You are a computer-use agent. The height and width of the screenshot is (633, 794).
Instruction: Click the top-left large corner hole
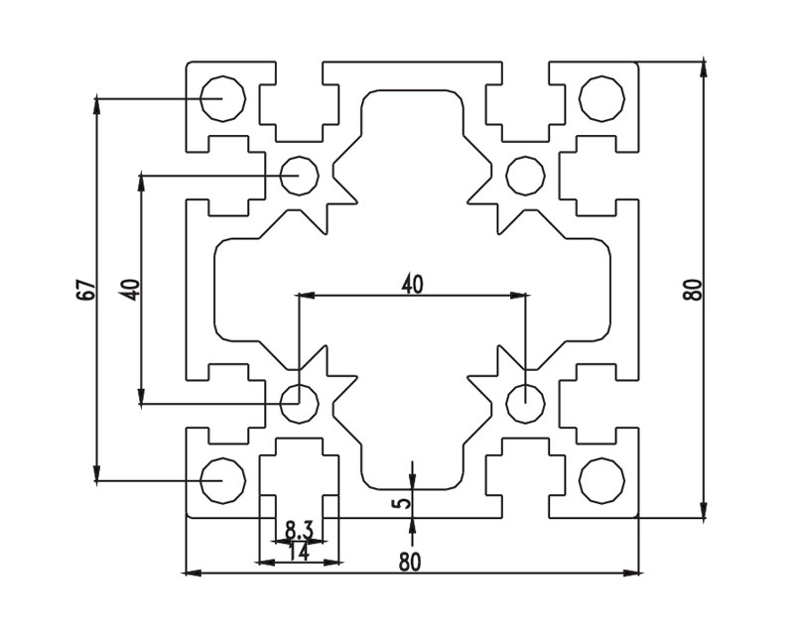[222, 98]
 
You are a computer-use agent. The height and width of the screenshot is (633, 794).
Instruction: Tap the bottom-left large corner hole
[222, 481]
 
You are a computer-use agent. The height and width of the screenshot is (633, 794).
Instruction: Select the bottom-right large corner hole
[601, 481]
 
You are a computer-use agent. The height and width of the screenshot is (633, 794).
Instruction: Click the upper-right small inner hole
[525, 176]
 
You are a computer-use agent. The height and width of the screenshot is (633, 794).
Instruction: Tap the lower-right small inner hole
[525, 403]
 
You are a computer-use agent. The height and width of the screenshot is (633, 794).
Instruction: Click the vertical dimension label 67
[86, 290]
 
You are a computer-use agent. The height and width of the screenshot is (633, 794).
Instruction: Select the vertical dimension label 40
[130, 290]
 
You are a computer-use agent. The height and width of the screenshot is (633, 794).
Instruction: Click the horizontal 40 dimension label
[412, 285]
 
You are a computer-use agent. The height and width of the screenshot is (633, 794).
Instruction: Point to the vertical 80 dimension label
[693, 290]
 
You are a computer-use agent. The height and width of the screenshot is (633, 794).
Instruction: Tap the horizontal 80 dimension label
[410, 562]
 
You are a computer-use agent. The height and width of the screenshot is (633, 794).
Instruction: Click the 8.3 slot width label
[299, 531]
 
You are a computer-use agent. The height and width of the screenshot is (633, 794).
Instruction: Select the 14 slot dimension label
[298, 553]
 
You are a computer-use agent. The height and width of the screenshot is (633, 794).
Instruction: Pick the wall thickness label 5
[401, 502]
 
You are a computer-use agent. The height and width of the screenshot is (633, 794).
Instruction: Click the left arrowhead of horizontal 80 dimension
[192, 572]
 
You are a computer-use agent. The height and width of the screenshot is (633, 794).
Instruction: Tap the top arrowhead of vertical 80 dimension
[704, 67]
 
